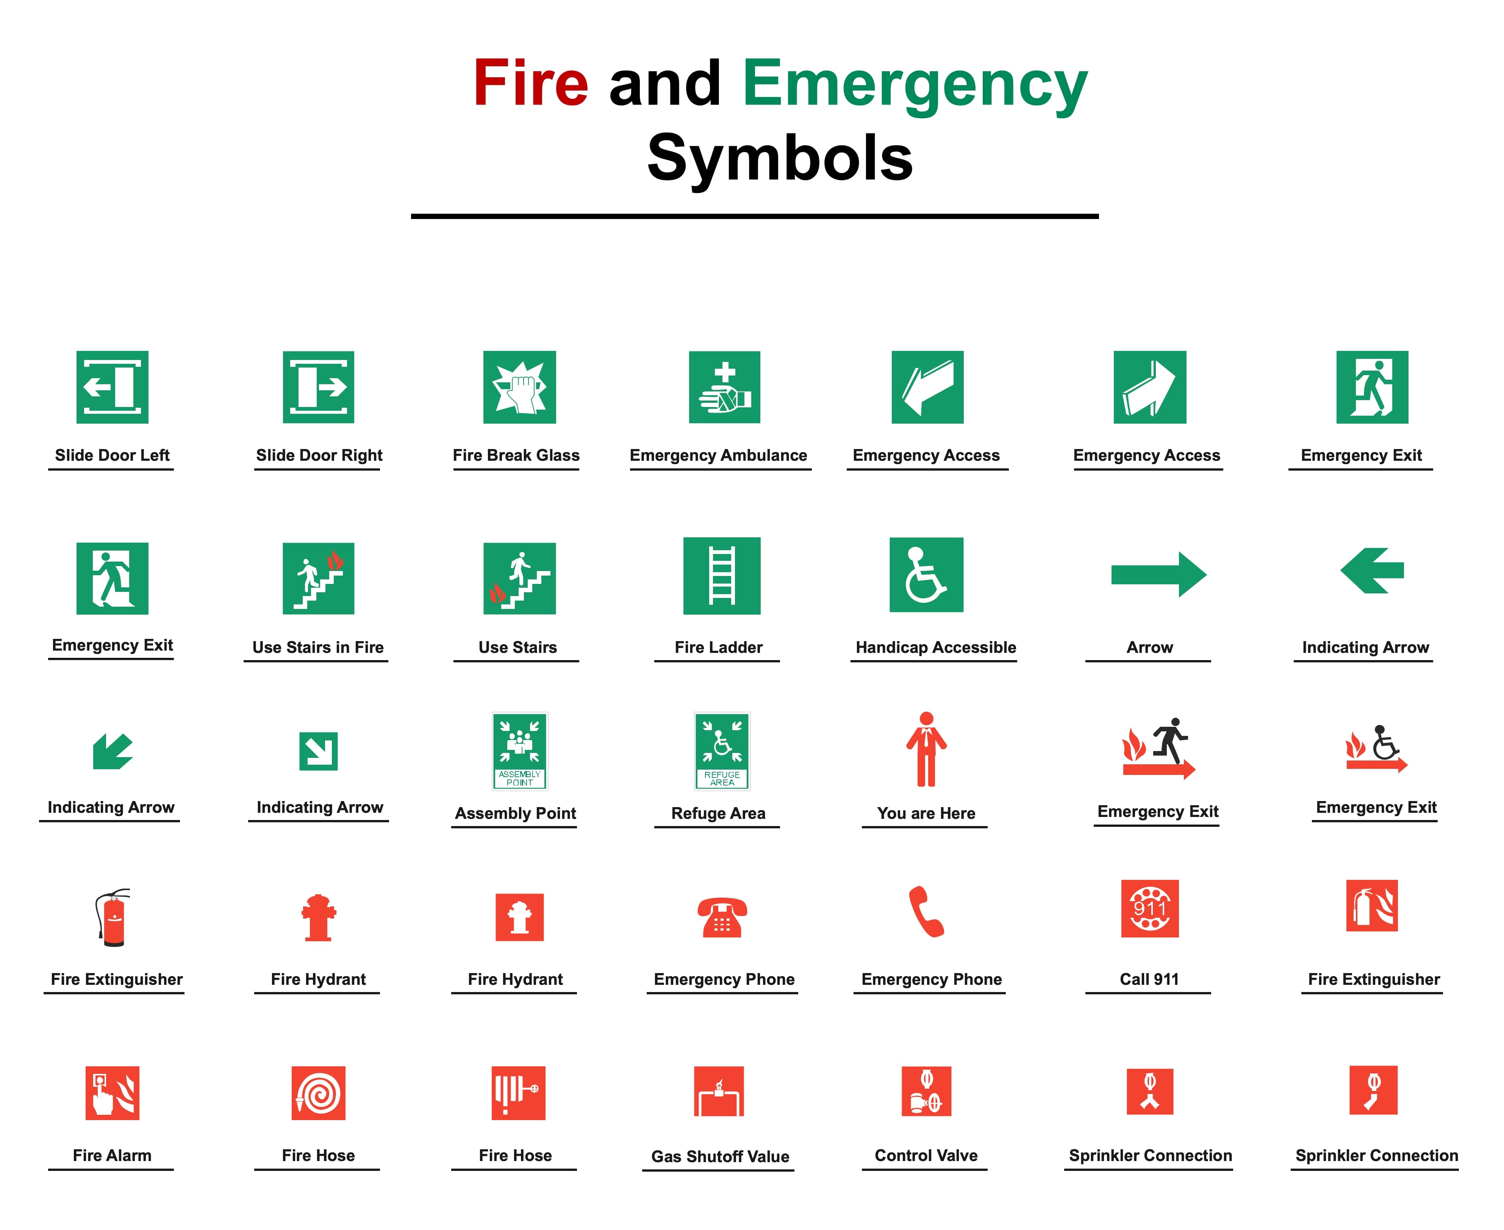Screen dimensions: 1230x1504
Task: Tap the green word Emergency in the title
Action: pyautogui.click(x=915, y=85)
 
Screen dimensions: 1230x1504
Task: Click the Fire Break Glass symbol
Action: pyautogui.click(x=519, y=387)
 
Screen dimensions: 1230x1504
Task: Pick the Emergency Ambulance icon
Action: pyautogui.click(x=724, y=387)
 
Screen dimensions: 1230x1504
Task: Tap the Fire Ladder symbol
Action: pyautogui.click(x=721, y=575)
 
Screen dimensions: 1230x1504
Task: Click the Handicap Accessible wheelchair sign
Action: pyautogui.click(x=926, y=574)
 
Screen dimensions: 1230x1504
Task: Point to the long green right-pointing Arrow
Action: pyautogui.click(x=1158, y=574)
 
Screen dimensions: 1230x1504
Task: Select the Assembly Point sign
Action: pyautogui.click(x=520, y=750)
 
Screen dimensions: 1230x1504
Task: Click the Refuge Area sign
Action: pyautogui.click(x=722, y=750)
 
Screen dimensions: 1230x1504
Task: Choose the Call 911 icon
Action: pyautogui.click(x=1149, y=908)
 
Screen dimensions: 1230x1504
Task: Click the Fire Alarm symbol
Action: pyautogui.click(x=112, y=1092)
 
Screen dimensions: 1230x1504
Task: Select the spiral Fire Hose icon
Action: pyautogui.click(x=318, y=1092)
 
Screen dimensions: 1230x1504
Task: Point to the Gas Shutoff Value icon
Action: pyautogui.click(x=718, y=1091)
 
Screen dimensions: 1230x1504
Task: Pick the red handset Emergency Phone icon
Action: pyautogui.click(x=926, y=911)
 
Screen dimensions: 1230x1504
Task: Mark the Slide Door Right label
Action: pyautogui.click(x=319, y=455)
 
